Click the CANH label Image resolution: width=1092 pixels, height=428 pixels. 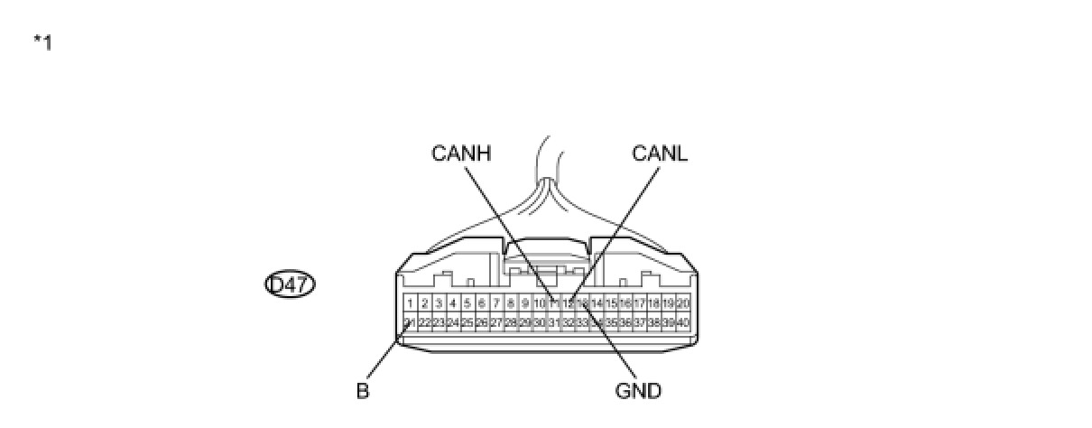[x=460, y=154]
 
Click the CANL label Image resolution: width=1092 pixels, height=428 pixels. [x=660, y=154]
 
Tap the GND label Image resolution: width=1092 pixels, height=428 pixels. [x=638, y=391]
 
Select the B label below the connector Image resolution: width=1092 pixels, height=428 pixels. [x=363, y=392]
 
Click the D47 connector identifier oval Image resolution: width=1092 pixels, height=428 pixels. [x=290, y=285]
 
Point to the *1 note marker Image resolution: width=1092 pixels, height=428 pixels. [x=42, y=42]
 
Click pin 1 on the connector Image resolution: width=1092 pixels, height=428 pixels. [x=410, y=303]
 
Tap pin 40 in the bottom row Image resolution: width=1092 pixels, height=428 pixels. [x=683, y=322]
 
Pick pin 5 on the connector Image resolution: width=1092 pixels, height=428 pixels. [x=467, y=303]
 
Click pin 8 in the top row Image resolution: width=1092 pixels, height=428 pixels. [x=511, y=303]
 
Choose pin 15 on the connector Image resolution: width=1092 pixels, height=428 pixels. [x=611, y=303]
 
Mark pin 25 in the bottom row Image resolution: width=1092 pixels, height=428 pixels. [x=467, y=322]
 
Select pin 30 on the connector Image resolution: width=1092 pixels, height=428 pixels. [x=539, y=322]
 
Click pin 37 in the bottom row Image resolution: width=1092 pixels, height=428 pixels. [x=640, y=322]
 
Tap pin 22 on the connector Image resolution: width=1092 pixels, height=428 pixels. [x=424, y=322]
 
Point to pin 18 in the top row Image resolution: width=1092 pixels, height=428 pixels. [x=654, y=303]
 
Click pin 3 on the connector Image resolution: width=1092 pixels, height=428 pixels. [x=439, y=303]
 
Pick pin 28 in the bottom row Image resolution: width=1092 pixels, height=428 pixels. [x=511, y=322]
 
